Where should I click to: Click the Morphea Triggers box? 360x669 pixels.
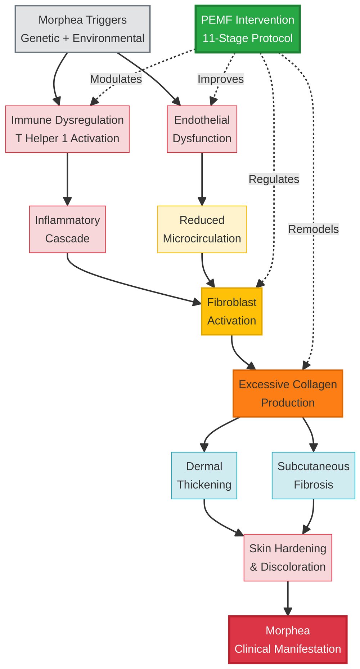(82, 29)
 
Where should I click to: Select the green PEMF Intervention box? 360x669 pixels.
(247, 29)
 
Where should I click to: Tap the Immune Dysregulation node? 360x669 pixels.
(67, 129)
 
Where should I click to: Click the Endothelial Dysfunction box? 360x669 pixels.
(202, 129)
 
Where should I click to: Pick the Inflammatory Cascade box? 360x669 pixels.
(67, 229)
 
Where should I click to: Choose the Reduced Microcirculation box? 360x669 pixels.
(202, 229)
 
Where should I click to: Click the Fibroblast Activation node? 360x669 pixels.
(231, 311)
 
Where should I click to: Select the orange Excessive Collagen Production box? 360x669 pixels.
(288, 393)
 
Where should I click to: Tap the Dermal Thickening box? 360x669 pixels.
(204, 476)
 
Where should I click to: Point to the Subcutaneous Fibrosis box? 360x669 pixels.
(313, 476)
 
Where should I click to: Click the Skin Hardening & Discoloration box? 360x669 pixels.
(288, 557)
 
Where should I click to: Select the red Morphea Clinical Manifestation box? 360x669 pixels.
(288, 639)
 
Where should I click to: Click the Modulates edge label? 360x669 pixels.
(116, 79)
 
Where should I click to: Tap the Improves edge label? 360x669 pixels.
(221, 79)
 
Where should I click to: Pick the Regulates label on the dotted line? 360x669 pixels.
(274, 179)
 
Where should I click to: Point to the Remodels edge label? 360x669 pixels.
(313, 229)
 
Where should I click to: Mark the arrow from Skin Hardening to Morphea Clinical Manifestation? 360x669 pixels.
(288, 598)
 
